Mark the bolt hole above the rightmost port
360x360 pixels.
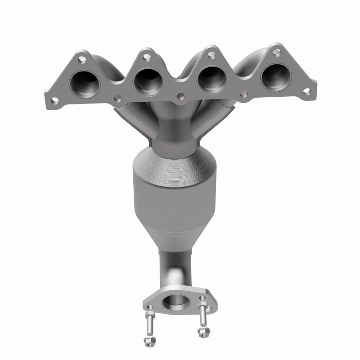click(274, 53)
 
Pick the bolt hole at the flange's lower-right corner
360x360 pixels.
click(307, 91)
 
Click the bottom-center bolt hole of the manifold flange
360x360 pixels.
click(180, 96)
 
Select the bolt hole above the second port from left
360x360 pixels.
click(146, 57)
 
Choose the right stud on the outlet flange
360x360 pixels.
click(203, 315)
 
